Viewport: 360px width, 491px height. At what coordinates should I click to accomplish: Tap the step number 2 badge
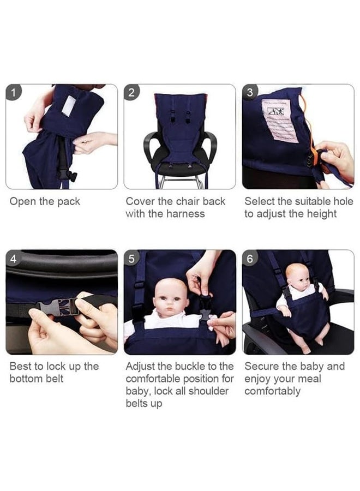coord(131,92)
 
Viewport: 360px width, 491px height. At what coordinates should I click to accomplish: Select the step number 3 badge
coord(250,92)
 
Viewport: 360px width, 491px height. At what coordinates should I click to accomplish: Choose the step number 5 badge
coord(131,259)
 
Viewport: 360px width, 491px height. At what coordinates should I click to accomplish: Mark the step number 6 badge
coord(250,259)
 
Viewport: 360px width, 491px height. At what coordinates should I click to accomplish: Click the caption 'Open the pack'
coord(45,201)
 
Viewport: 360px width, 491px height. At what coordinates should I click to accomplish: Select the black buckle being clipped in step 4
coord(53,306)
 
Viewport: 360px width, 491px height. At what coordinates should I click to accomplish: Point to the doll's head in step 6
coord(297,276)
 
